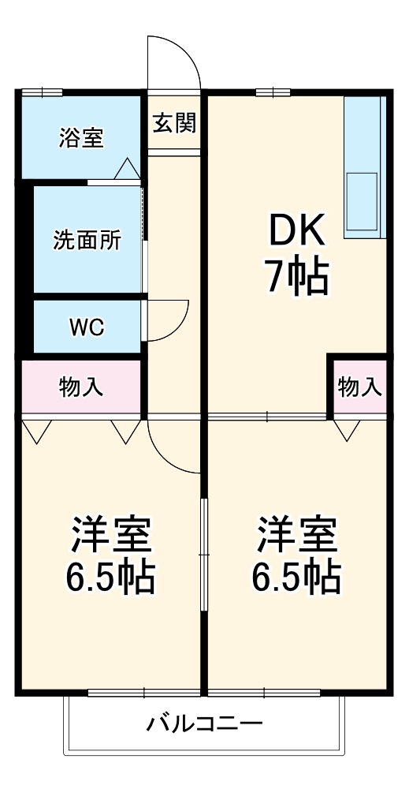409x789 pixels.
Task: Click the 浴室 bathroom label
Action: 81,138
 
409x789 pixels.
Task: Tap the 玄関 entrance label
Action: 174,124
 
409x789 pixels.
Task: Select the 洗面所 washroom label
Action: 87,241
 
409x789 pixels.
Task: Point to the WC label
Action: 87,327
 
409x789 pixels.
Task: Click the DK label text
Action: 297,233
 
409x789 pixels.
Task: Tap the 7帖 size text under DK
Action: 297,277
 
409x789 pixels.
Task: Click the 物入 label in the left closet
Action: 81,387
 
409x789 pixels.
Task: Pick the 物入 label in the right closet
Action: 360,387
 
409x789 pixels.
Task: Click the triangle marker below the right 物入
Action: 347,431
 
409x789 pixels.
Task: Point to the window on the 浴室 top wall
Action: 43,93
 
